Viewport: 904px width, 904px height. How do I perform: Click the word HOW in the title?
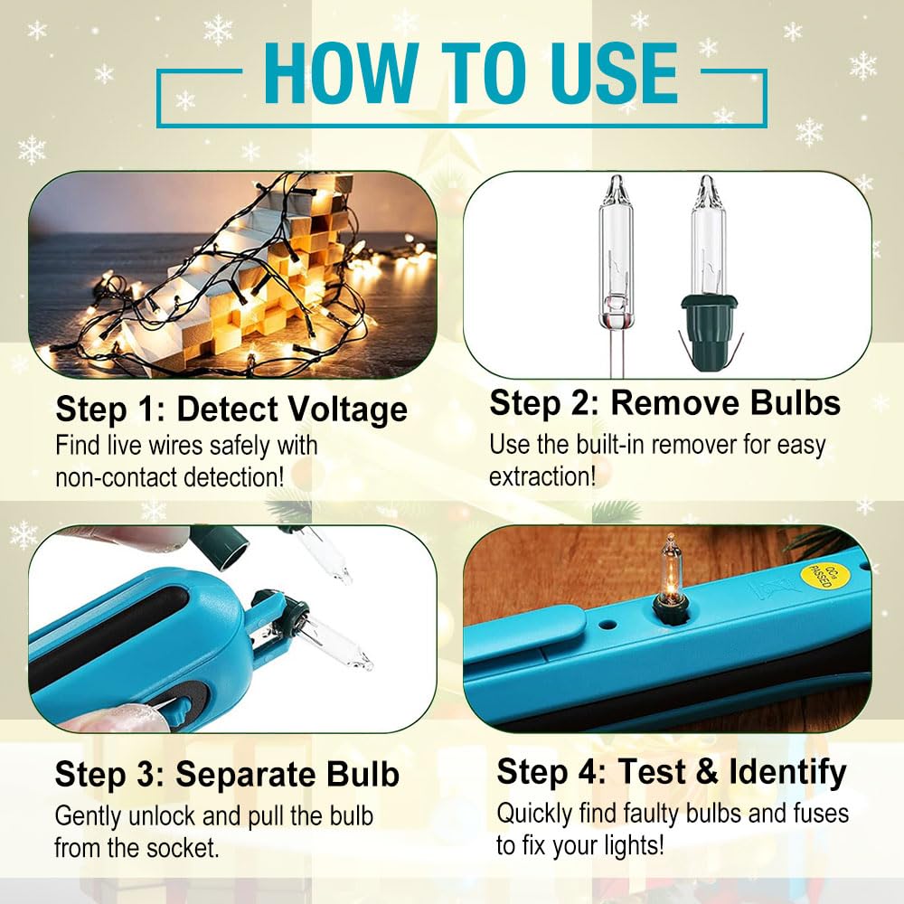(x=341, y=74)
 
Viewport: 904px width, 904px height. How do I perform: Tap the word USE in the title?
(x=614, y=74)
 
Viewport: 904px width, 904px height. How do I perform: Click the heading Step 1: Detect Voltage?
(x=231, y=410)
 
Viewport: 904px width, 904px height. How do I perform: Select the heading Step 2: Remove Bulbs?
(x=664, y=402)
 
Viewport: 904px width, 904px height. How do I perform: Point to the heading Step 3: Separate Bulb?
(x=227, y=774)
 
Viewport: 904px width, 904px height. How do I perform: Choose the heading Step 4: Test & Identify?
(x=672, y=771)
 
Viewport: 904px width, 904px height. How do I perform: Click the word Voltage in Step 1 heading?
(x=348, y=410)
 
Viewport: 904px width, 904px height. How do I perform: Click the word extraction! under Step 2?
(x=541, y=476)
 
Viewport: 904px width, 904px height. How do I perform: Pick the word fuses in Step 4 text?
(x=821, y=814)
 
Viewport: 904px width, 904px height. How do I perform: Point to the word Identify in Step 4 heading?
(x=787, y=771)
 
